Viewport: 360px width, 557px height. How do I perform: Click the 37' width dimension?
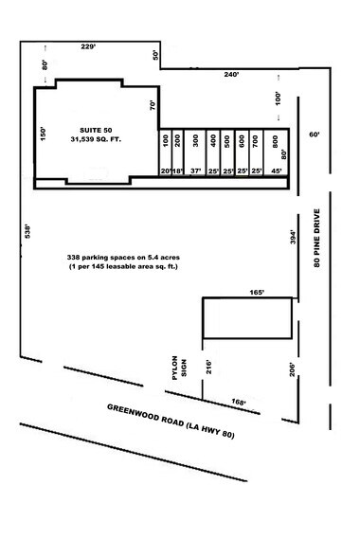coord(196,171)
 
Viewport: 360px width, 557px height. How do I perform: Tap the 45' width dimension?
coord(277,171)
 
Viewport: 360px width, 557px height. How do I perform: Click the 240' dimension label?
coord(230,74)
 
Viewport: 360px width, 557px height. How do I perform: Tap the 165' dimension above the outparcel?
coord(255,293)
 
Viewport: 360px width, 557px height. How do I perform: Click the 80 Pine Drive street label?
coord(318,236)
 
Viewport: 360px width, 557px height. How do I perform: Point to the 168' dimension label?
coord(237,403)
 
